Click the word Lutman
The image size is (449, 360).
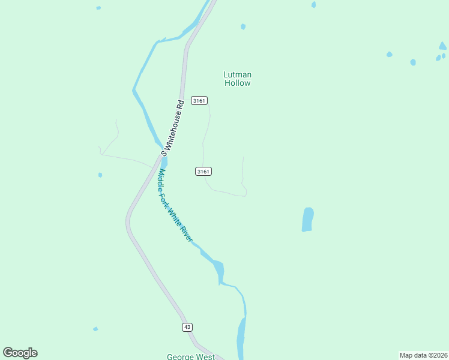tap(237, 74)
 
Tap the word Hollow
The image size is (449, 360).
tap(237, 83)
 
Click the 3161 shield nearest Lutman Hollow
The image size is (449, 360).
tap(199, 100)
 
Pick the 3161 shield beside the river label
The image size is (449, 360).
tap(203, 172)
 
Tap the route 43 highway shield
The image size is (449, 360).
tap(187, 326)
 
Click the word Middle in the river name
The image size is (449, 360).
tap(160, 180)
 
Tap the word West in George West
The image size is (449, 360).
tap(205, 357)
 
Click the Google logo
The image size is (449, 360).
tap(20, 353)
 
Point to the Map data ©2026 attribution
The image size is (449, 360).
tap(423, 355)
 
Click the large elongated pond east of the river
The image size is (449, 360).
tap(307, 220)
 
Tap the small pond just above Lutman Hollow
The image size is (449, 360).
tap(243, 26)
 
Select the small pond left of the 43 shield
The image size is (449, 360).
tap(95, 329)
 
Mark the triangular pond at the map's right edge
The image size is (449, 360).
tap(442, 46)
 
